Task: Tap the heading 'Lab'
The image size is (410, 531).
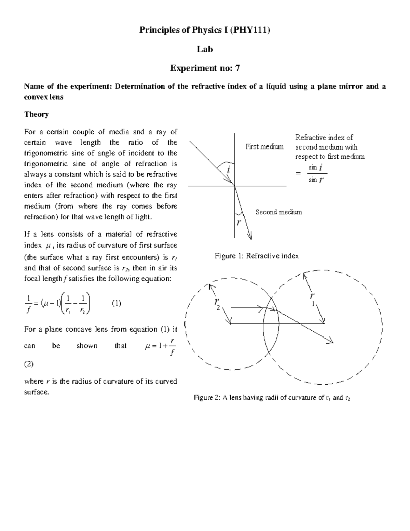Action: (x=205, y=50)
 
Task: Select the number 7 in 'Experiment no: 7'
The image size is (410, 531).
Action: (x=237, y=68)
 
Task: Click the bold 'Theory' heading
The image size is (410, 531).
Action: (x=36, y=114)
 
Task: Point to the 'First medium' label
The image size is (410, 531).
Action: (x=264, y=147)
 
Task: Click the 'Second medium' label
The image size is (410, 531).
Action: (x=278, y=212)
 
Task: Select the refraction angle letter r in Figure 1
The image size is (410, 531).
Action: (x=239, y=222)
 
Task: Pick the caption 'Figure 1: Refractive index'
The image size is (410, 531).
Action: (x=256, y=256)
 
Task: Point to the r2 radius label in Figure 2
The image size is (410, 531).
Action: (x=217, y=304)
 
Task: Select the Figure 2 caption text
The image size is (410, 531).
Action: (x=272, y=398)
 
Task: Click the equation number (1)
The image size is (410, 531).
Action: (x=117, y=303)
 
